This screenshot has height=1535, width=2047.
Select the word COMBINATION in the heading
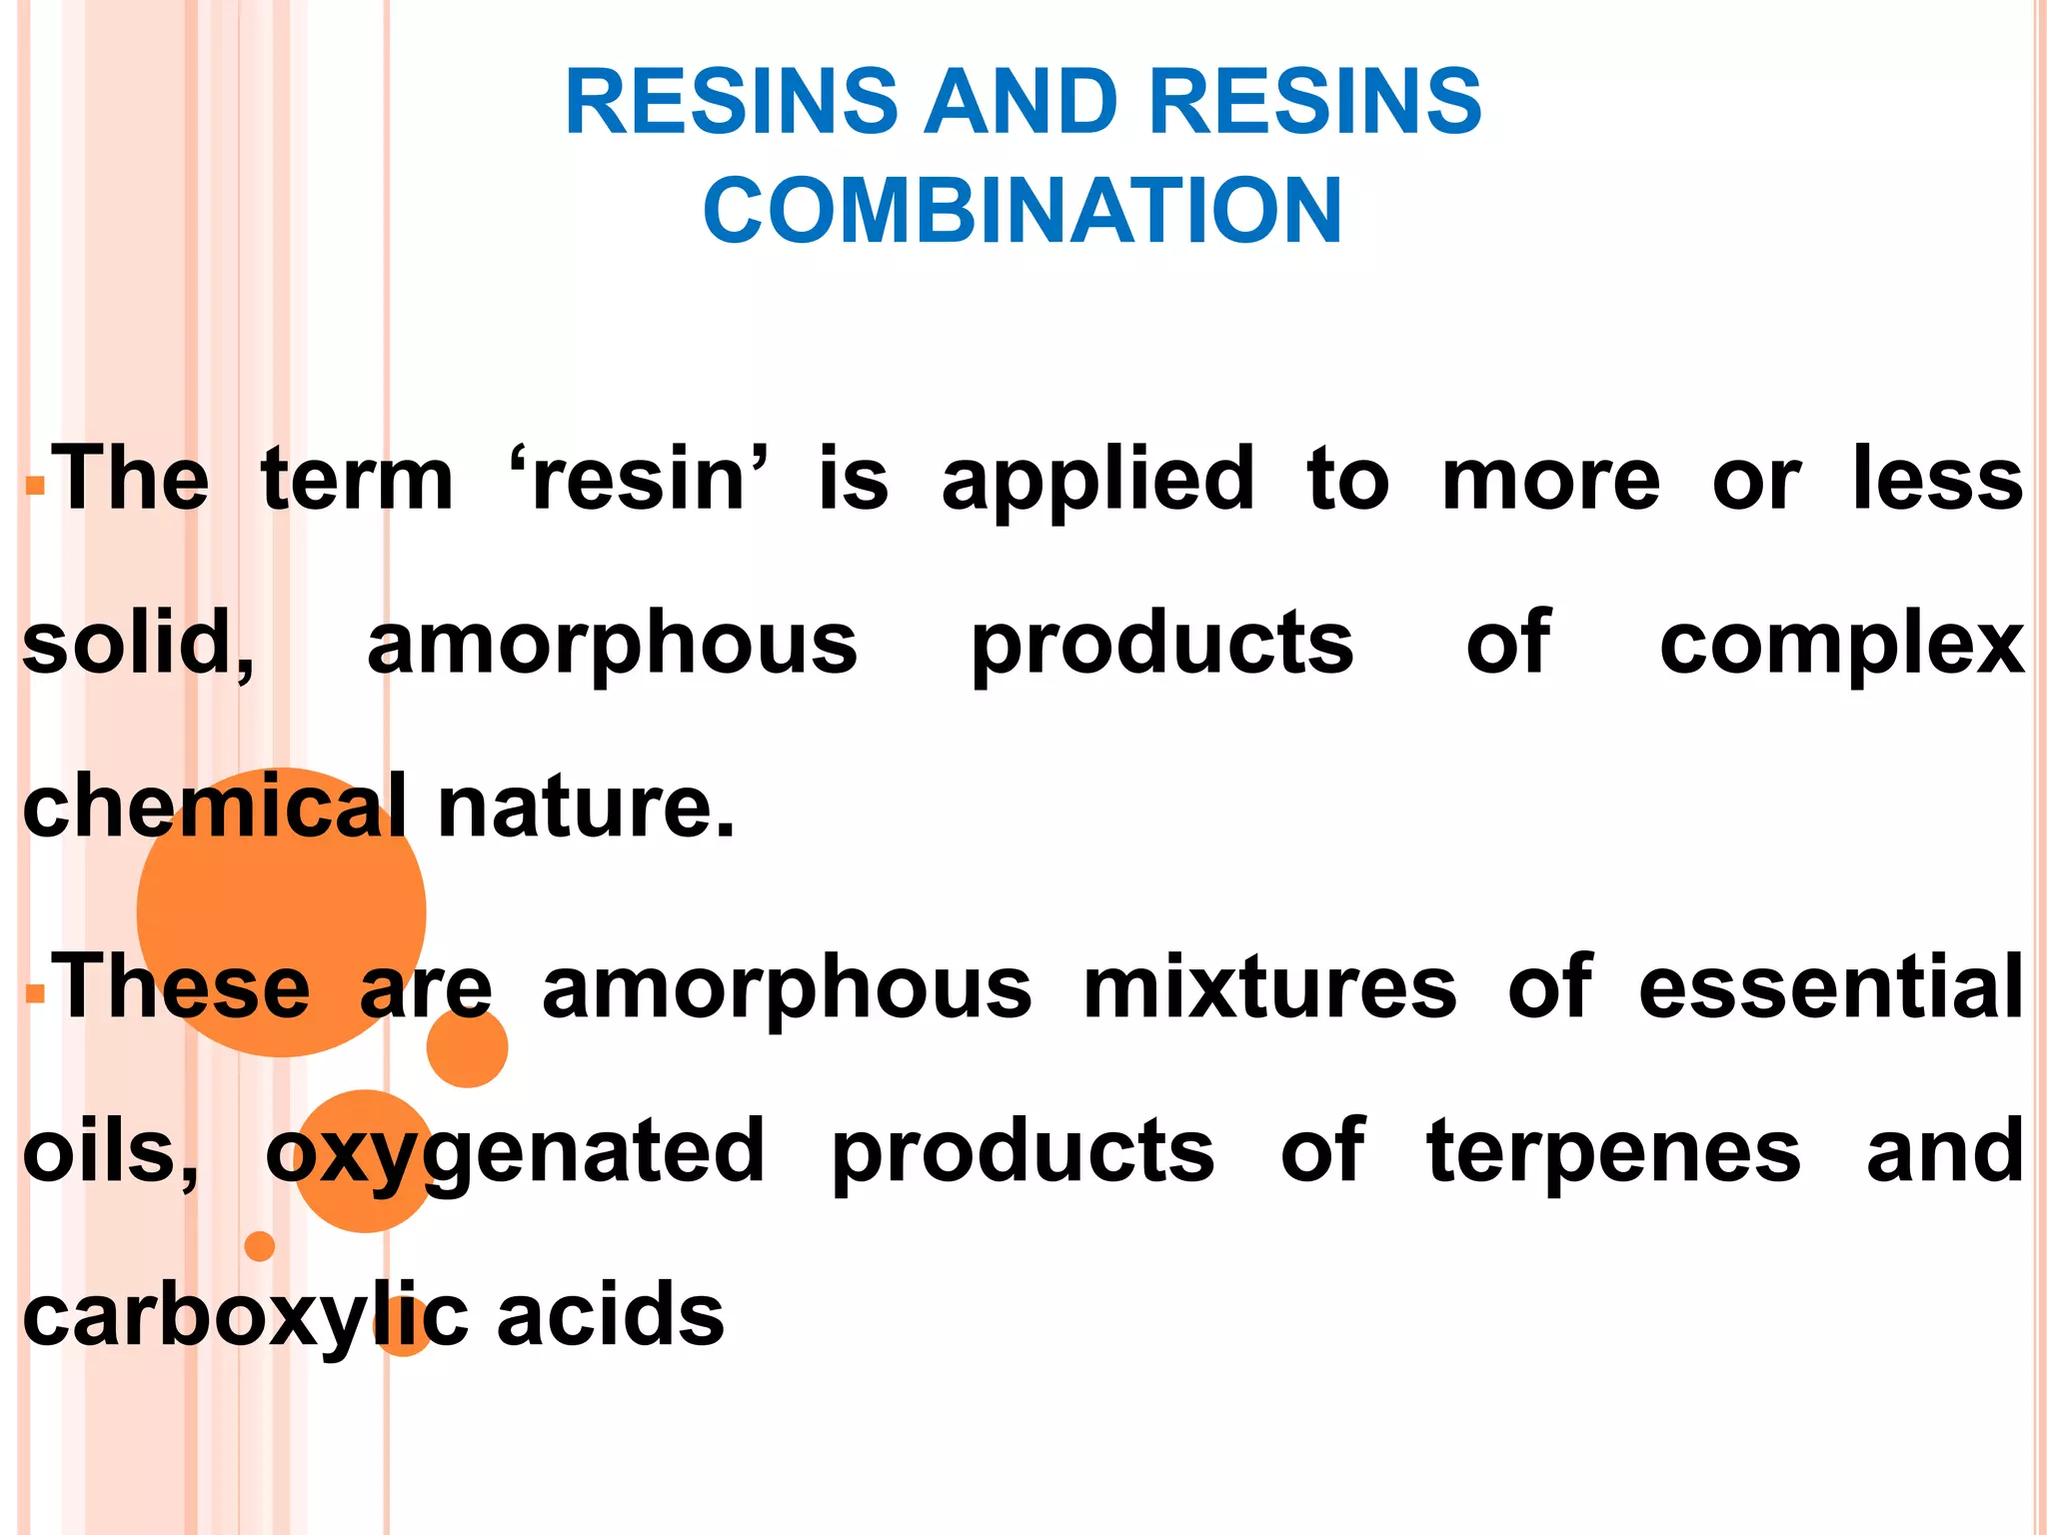tap(1023, 210)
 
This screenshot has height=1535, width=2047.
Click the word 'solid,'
tap(138, 645)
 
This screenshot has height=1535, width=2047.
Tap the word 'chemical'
tap(215, 806)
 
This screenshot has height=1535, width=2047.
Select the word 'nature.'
tap(587, 808)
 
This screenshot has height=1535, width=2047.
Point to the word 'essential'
tap(1831, 988)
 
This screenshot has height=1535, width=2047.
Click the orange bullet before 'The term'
tap(36, 488)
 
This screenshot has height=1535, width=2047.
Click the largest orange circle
tap(281, 911)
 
